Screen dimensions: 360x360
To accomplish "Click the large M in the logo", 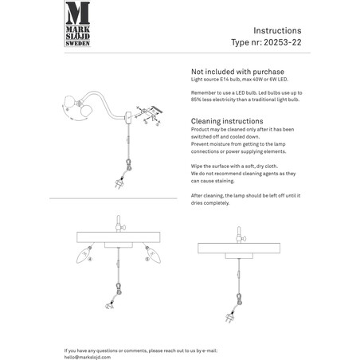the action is [77, 13].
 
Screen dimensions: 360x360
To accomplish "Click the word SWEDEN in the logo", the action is [77, 43].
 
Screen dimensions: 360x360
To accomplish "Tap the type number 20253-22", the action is [283, 42].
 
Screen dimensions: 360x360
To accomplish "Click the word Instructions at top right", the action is [277, 30].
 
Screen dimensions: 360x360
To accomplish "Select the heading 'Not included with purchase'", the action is [237, 72].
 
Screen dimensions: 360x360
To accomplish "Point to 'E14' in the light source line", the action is [224, 80].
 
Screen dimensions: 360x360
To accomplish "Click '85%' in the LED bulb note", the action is [196, 100].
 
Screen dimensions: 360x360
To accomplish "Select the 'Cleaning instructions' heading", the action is [227, 121].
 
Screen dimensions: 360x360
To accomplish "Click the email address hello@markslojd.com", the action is [88, 357].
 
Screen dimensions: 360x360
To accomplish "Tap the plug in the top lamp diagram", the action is [119, 182].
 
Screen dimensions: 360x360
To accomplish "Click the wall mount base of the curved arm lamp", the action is [128, 118].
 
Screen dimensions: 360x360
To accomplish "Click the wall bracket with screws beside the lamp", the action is [150, 113].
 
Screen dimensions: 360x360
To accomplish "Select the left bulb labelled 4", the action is [84, 255].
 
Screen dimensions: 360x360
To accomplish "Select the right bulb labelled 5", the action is [154, 255].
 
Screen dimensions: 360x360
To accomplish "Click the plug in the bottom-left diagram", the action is [110, 306].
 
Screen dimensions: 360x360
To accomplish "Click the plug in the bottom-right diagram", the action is [229, 317].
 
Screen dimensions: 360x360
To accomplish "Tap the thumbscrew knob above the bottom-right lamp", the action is [243, 239].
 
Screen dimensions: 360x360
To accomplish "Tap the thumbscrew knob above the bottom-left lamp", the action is [123, 227].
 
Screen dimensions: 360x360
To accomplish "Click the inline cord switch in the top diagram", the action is [128, 139].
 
